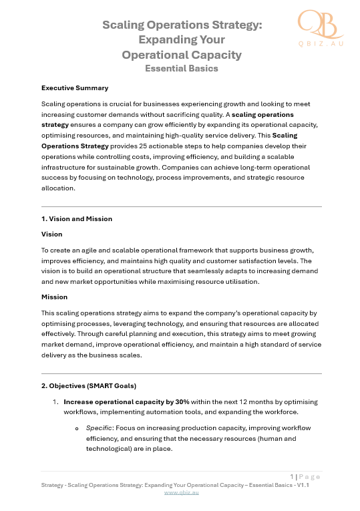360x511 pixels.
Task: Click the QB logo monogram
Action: [x=320, y=24]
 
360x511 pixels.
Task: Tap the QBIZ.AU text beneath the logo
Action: [x=321, y=43]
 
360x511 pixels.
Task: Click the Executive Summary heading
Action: [x=75, y=88]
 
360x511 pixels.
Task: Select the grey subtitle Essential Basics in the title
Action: [x=182, y=67]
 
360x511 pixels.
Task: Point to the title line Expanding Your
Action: [x=182, y=40]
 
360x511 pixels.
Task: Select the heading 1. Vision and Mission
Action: [x=77, y=218]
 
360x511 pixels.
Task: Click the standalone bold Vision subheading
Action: [x=52, y=234]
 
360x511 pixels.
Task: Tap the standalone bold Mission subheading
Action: [x=55, y=297]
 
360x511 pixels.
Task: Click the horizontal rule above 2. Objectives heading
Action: [x=182, y=373]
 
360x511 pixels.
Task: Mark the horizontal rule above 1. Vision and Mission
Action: [x=182, y=206]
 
